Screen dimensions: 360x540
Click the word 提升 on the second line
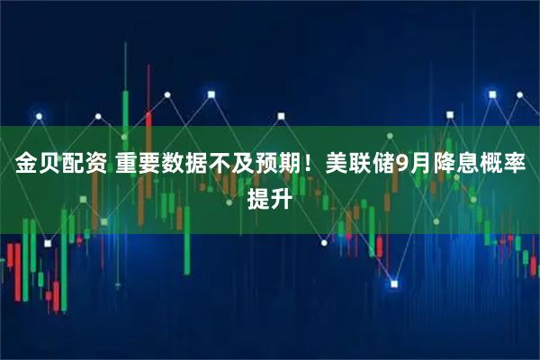click(x=269, y=198)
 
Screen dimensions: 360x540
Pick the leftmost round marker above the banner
click(x=37, y=116)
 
